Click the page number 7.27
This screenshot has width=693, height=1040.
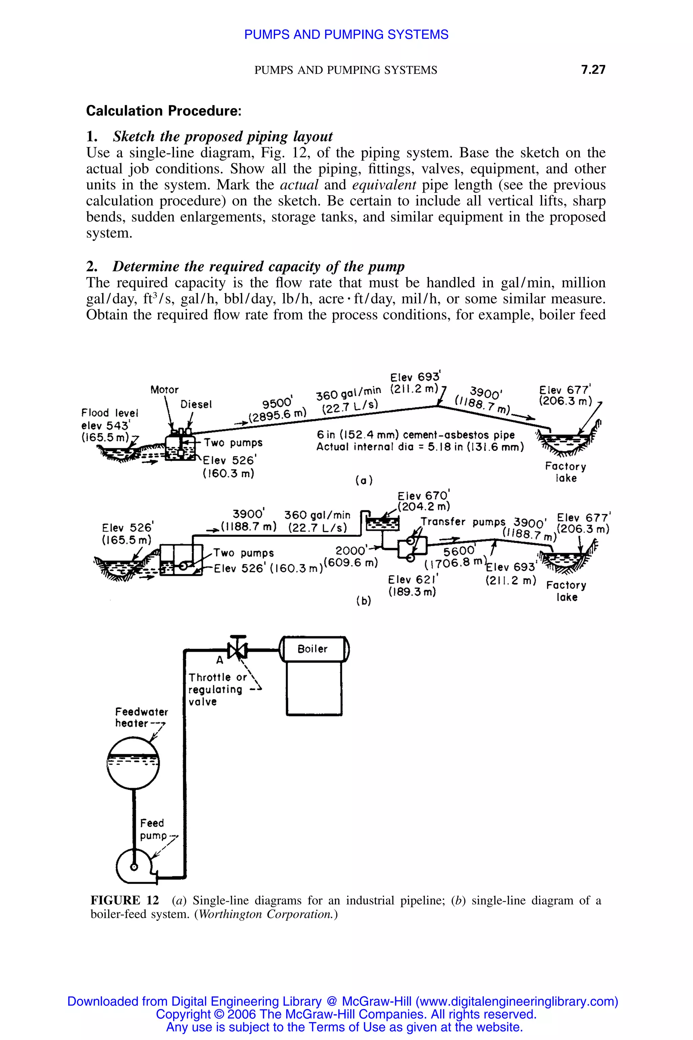coord(593,69)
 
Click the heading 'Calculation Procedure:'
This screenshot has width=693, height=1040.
coord(163,111)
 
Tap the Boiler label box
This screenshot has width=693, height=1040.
coord(312,649)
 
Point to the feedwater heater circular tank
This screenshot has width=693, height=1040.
coord(133,763)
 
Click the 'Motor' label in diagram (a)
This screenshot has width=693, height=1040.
coord(164,390)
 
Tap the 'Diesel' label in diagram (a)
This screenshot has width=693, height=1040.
coord(196,404)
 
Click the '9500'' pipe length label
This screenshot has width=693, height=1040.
coord(277,403)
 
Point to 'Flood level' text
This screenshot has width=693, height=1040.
coord(110,413)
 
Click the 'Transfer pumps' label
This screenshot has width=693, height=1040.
coord(462,522)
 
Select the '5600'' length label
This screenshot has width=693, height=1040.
coord(459,551)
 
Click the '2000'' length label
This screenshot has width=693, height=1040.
coord(351,550)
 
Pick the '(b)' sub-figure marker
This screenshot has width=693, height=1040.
coord(363,601)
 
